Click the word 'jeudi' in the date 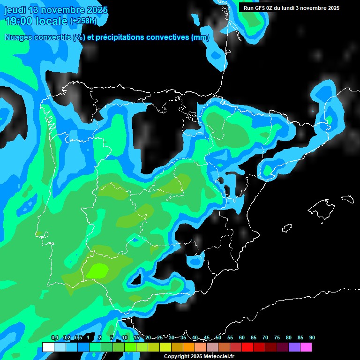click(x=15, y=10)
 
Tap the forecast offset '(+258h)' click(x=83, y=21)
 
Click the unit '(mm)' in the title click(x=200, y=37)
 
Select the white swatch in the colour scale click(x=48, y=347)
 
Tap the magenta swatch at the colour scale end click(x=306, y=347)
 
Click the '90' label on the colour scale click(x=312, y=338)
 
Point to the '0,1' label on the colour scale click(x=54, y=338)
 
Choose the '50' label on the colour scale click(x=218, y=338)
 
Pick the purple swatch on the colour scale click(x=294, y=347)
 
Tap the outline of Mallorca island click(x=321, y=209)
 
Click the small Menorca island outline click(x=347, y=199)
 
